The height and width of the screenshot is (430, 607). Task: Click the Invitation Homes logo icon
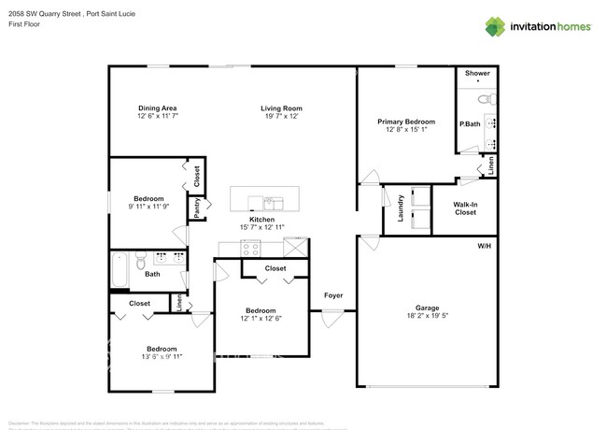coord(494,27)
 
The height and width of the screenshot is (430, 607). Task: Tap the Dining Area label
coord(157,108)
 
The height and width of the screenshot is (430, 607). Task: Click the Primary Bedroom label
coord(405,122)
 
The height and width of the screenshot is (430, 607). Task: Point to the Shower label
coord(477,73)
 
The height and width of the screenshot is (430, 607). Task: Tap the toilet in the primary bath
coord(484,99)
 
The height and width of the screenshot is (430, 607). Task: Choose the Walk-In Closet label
coord(465,208)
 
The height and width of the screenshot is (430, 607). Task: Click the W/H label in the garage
coord(484,246)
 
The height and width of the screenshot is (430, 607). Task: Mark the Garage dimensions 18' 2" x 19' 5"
coord(427,317)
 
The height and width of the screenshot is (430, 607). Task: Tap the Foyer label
coord(333,295)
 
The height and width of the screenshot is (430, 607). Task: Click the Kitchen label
coord(261,219)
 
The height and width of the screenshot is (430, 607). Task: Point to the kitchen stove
coord(250,248)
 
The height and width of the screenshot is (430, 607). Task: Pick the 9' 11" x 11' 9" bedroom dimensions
coord(148,208)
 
